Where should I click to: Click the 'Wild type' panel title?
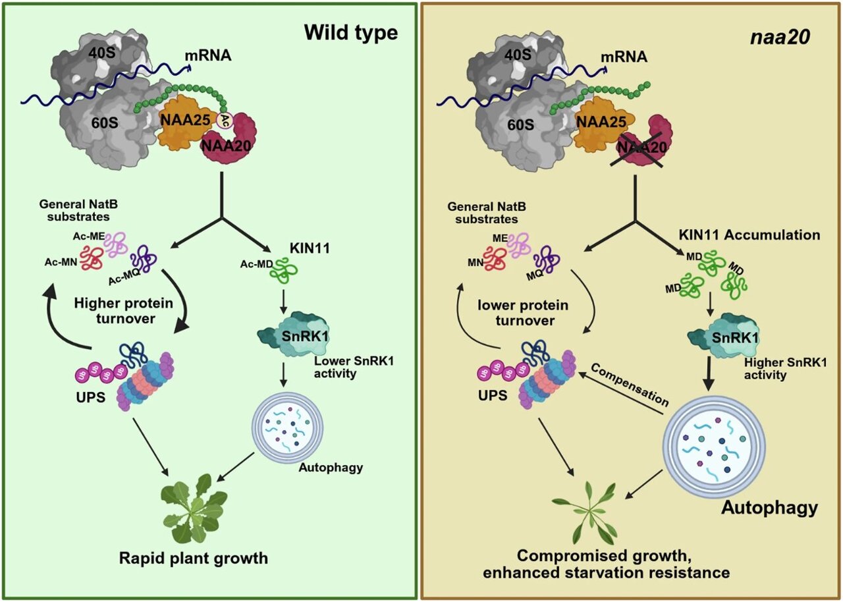pos(352,32)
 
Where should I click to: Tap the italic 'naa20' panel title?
pos(781,38)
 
